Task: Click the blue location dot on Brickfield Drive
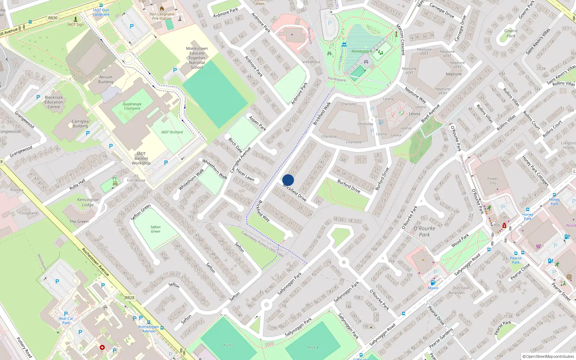click(x=288, y=180)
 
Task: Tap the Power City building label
click(x=492, y=181)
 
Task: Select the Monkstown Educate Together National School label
click(x=197, y=58)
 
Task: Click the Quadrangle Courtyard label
click(x=132, y=106)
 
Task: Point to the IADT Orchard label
click(x=172, y=132)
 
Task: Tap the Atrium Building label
click(x=106, y=79)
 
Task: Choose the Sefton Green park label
click(x=156, y=229)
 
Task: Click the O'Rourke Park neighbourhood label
click(x=424, y=231)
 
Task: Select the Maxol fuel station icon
click(x=433, y=283)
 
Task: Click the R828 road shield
click(x=130, y=298)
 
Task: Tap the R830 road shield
click(x=53, y=18)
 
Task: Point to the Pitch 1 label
click(x=228, y=345)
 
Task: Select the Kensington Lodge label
click(x=87, y=202)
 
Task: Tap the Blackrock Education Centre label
click(x=54, y=102)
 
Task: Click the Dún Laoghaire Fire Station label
click(x=162, y=16)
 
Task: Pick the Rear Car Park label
click(x=66, y=320)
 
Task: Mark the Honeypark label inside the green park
click(x=362, y=51)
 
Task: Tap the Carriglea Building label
click(x=80, y=123)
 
